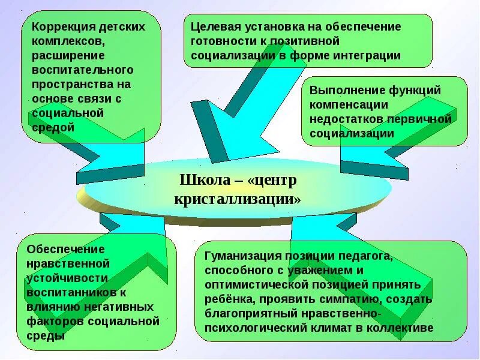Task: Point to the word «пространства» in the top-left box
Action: [67, 85]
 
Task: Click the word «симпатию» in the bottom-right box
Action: [364, 299]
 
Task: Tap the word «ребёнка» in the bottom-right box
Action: [226, 299]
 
